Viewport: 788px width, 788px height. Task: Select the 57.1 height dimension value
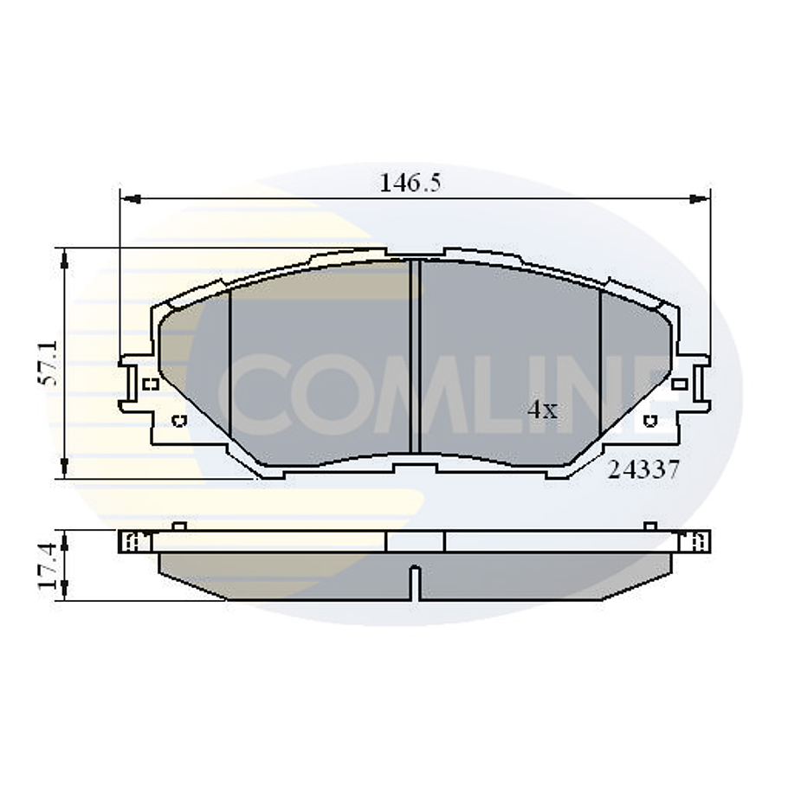(49, 363)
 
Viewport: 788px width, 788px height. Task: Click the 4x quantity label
(543, 410)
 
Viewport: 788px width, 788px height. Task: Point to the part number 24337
(643, 470)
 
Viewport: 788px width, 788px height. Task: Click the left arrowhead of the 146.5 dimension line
(128, 199)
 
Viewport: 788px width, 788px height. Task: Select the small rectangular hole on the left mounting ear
(148, 384)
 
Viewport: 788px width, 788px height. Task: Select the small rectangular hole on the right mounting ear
(680, 384)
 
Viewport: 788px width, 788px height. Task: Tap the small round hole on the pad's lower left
(179, 422)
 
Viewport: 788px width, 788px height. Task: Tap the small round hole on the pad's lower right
(649, 422)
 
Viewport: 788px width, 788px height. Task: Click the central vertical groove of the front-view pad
(414, 355)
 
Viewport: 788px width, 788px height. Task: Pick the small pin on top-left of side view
(178, 526)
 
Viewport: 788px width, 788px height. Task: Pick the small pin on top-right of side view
(649, 526)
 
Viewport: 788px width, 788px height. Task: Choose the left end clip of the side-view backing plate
(133, 542)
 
